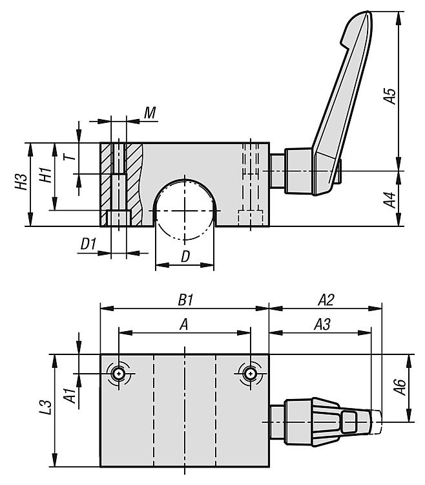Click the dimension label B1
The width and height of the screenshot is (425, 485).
(186, 301)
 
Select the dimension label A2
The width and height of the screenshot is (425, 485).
(326, 301)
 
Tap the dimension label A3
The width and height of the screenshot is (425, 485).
(322, 325)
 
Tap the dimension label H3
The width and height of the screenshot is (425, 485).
(21, 184)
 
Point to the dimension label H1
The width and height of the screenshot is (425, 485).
(44, 175)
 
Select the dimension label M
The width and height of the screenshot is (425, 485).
(150, 114)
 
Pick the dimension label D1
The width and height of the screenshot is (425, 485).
(88, 244)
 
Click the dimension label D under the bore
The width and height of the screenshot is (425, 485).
(185, 257)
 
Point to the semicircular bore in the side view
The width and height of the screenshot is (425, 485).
(185, 206)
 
